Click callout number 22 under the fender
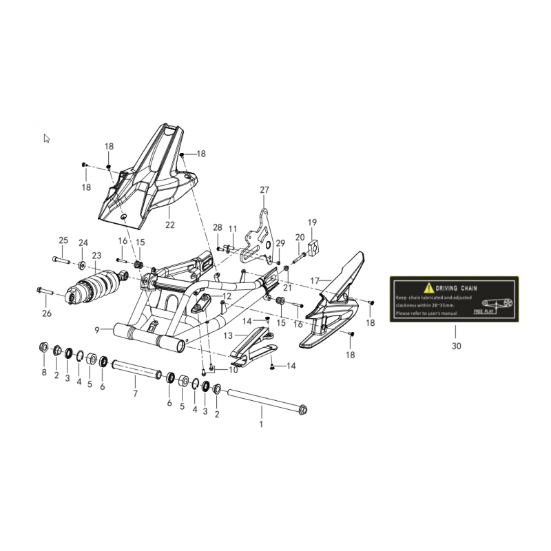pos(169,225)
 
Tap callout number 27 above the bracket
pos(264,190)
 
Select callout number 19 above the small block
pos(312,222)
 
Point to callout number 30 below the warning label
pos(456,347)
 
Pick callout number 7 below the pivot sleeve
pos(135,393)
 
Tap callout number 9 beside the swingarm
pos(98,330)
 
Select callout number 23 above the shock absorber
pos(96,255)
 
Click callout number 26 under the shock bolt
pos(47,314)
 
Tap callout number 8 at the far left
pos(44,373)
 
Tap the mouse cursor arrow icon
pos(47,138)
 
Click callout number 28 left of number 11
pos(218,227)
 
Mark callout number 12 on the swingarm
pos(227,296)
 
